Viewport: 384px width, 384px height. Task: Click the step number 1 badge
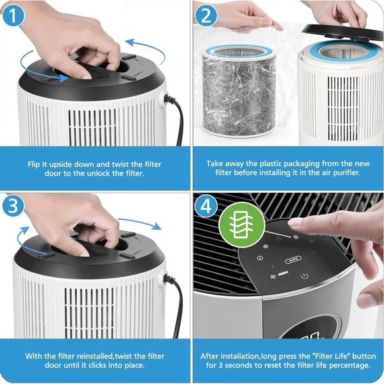13,15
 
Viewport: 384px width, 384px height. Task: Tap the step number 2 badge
206,15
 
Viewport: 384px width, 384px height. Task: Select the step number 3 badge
13,206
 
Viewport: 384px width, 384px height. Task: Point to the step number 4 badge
206,206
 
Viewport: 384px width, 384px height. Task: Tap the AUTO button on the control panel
293,260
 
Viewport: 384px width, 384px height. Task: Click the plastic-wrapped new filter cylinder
239,91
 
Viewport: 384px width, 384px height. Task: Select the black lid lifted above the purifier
343,32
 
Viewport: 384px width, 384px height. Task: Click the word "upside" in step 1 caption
61,164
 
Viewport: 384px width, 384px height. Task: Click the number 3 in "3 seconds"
220,365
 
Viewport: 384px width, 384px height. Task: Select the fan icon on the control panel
273,277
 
